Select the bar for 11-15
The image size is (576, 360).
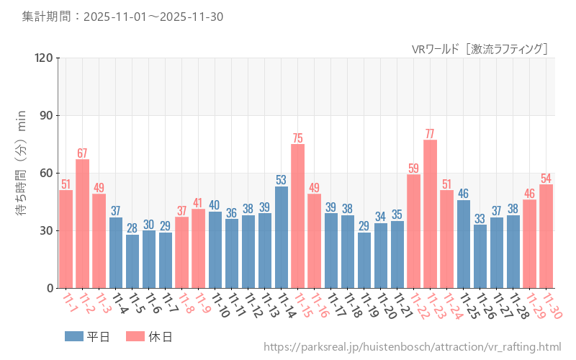297,216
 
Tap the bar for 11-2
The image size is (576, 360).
82,223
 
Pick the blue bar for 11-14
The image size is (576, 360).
281,237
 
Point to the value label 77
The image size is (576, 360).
430,134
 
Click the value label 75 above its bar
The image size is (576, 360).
297,138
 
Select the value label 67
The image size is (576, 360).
82,153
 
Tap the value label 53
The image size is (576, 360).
281,180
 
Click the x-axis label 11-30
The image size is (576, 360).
552,307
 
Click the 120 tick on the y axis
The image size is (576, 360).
44,58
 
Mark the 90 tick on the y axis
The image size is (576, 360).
47,115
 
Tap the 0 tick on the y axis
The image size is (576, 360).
50,288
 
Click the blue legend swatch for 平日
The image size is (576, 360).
74,336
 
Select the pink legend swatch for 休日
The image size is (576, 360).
135,336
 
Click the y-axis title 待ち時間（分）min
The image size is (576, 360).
22,173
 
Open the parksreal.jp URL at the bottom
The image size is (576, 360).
412,347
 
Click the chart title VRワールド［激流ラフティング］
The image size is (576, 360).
480,49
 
